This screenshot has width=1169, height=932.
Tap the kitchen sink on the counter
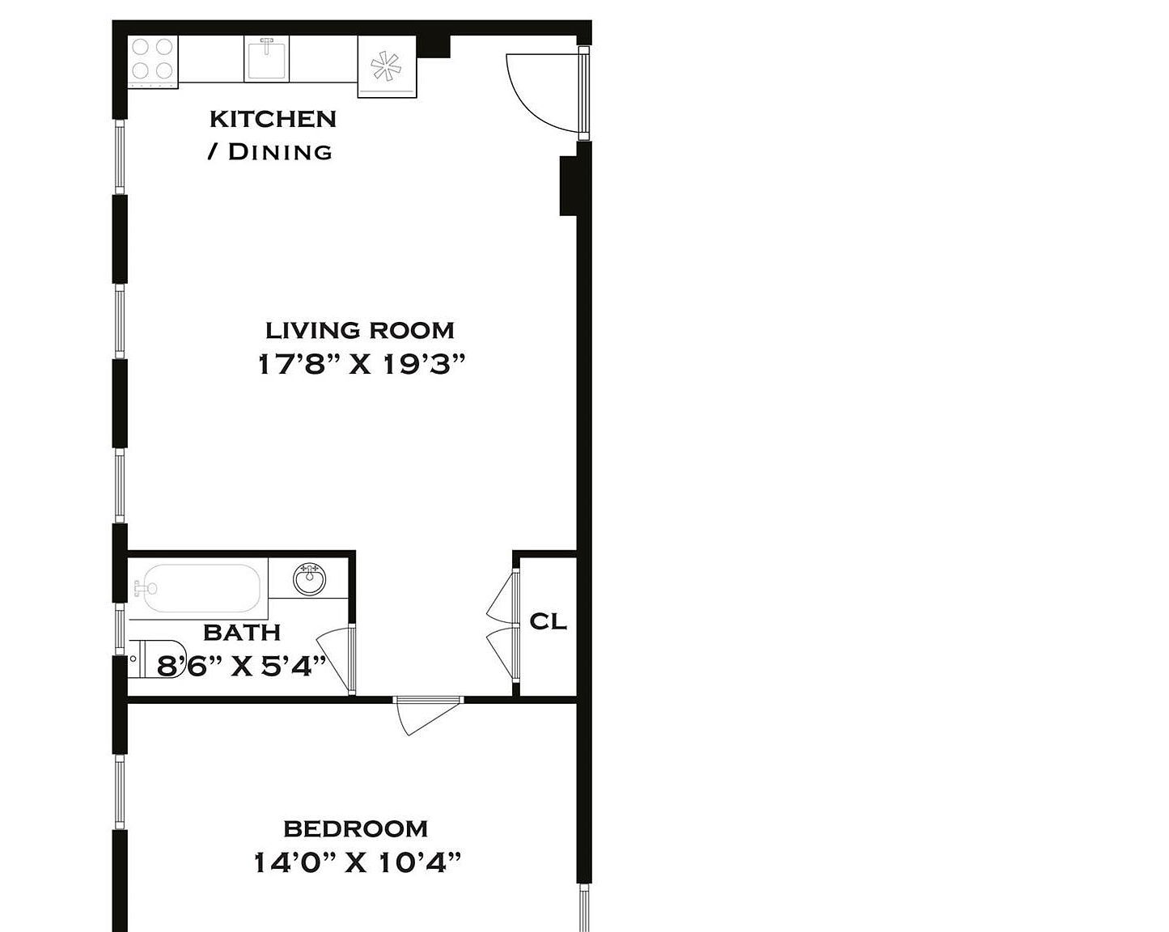268,59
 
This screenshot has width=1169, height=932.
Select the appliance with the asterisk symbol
387,67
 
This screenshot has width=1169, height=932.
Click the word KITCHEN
273,119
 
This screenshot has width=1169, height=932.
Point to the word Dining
280,152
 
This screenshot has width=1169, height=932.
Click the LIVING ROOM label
360,330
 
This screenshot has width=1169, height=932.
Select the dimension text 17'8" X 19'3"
362,365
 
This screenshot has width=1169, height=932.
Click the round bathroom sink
310,579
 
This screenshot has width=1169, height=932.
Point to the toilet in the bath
154,658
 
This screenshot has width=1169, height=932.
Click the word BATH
241,632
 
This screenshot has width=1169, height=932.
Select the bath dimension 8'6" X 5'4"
241,666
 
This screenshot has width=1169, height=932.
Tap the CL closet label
548,621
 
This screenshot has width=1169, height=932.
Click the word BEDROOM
355,828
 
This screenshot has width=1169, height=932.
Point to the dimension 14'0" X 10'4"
357,863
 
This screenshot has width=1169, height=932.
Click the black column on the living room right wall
569,185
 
